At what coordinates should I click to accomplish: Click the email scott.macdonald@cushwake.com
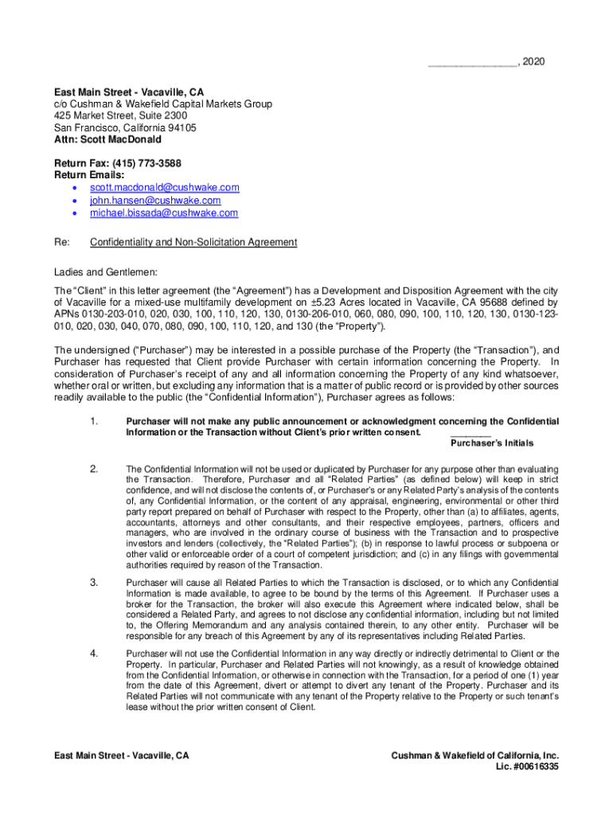click(x=164, y=188)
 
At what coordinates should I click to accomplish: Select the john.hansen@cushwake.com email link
click(x=155, y=201)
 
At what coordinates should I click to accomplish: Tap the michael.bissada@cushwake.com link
click(x=163, y=213)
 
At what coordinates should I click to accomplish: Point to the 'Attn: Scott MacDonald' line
click(x=107, y=139)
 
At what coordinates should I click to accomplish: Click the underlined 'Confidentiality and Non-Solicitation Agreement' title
click(x=193, y=242)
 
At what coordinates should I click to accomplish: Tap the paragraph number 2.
click(x=94, y=470)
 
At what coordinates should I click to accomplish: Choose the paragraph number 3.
click(x=94, y=583)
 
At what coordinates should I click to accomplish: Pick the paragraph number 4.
click(x=94, y=653)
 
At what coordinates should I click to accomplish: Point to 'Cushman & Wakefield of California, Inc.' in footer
click(x=475, y=755)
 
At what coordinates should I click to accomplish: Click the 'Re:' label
click(x=61, y=242)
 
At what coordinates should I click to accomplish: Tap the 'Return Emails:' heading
click(x=89, y=174)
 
